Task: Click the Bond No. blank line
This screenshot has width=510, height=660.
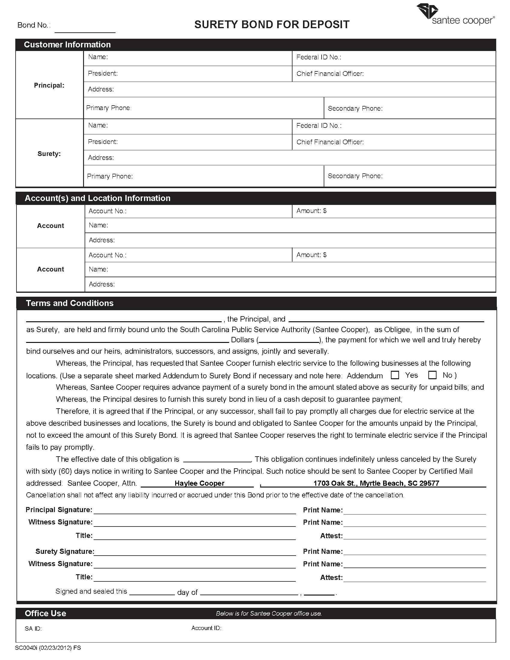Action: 85,29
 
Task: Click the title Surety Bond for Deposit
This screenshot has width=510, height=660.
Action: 271,25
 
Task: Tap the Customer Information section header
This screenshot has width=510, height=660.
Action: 67,45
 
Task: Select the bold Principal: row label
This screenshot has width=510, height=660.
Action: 49,85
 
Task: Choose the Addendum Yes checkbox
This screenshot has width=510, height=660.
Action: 394,375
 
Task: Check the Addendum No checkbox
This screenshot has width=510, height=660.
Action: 432,375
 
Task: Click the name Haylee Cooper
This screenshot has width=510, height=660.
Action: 199,483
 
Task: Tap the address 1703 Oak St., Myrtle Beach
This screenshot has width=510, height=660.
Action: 376,483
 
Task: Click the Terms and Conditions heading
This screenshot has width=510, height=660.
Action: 70,303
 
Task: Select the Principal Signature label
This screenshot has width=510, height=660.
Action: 59,510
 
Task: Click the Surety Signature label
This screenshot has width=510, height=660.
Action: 65,551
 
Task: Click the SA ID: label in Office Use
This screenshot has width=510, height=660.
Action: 33,629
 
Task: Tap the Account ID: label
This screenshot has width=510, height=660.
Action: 206,628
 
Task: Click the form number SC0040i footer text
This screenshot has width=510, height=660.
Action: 48,648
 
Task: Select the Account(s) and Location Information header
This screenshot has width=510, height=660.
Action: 97,198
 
